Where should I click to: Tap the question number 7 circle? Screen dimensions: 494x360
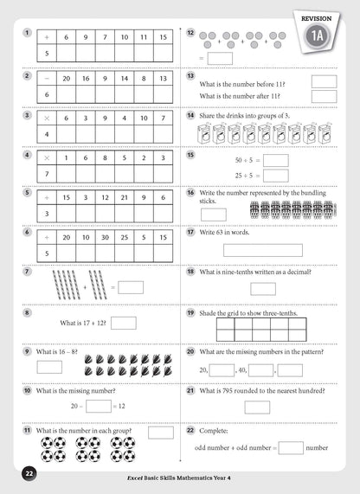29,272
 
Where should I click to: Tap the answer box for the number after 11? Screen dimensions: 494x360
323,96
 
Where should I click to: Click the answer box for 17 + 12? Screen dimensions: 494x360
124,323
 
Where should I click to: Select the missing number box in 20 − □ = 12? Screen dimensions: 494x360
99,405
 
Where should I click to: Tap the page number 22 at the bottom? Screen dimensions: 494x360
29,473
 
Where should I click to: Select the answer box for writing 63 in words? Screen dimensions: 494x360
262,250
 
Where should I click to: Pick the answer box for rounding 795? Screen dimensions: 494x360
256,407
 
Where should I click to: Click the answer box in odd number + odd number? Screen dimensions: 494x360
291,447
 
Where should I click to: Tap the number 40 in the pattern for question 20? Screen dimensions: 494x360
242,370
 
